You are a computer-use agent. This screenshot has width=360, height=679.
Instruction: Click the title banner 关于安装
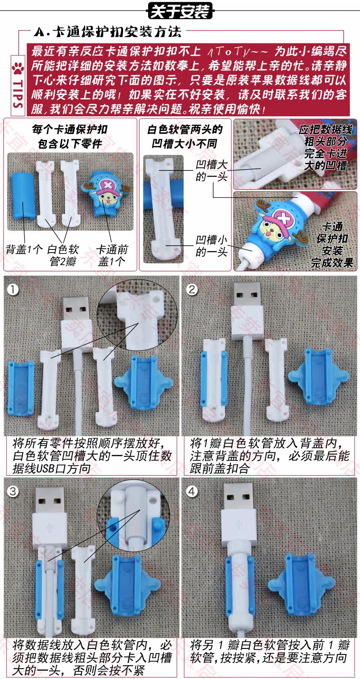[180, 11]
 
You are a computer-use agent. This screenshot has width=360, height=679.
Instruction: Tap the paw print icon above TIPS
[18, 67]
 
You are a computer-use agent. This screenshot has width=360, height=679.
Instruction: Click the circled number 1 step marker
[13, 289]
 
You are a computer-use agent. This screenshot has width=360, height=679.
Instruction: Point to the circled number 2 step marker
[192, 289]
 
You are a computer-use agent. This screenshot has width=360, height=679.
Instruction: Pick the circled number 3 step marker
[13, 491]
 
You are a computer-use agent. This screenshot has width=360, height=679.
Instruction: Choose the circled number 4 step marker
[192, 491]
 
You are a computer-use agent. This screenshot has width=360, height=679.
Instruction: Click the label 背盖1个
[25, 249]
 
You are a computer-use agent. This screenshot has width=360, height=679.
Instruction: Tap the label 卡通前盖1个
[112, 255]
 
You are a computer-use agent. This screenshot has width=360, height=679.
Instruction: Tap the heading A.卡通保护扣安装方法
[108, 32]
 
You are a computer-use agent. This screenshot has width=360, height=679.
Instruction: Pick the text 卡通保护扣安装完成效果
[332, 244]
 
